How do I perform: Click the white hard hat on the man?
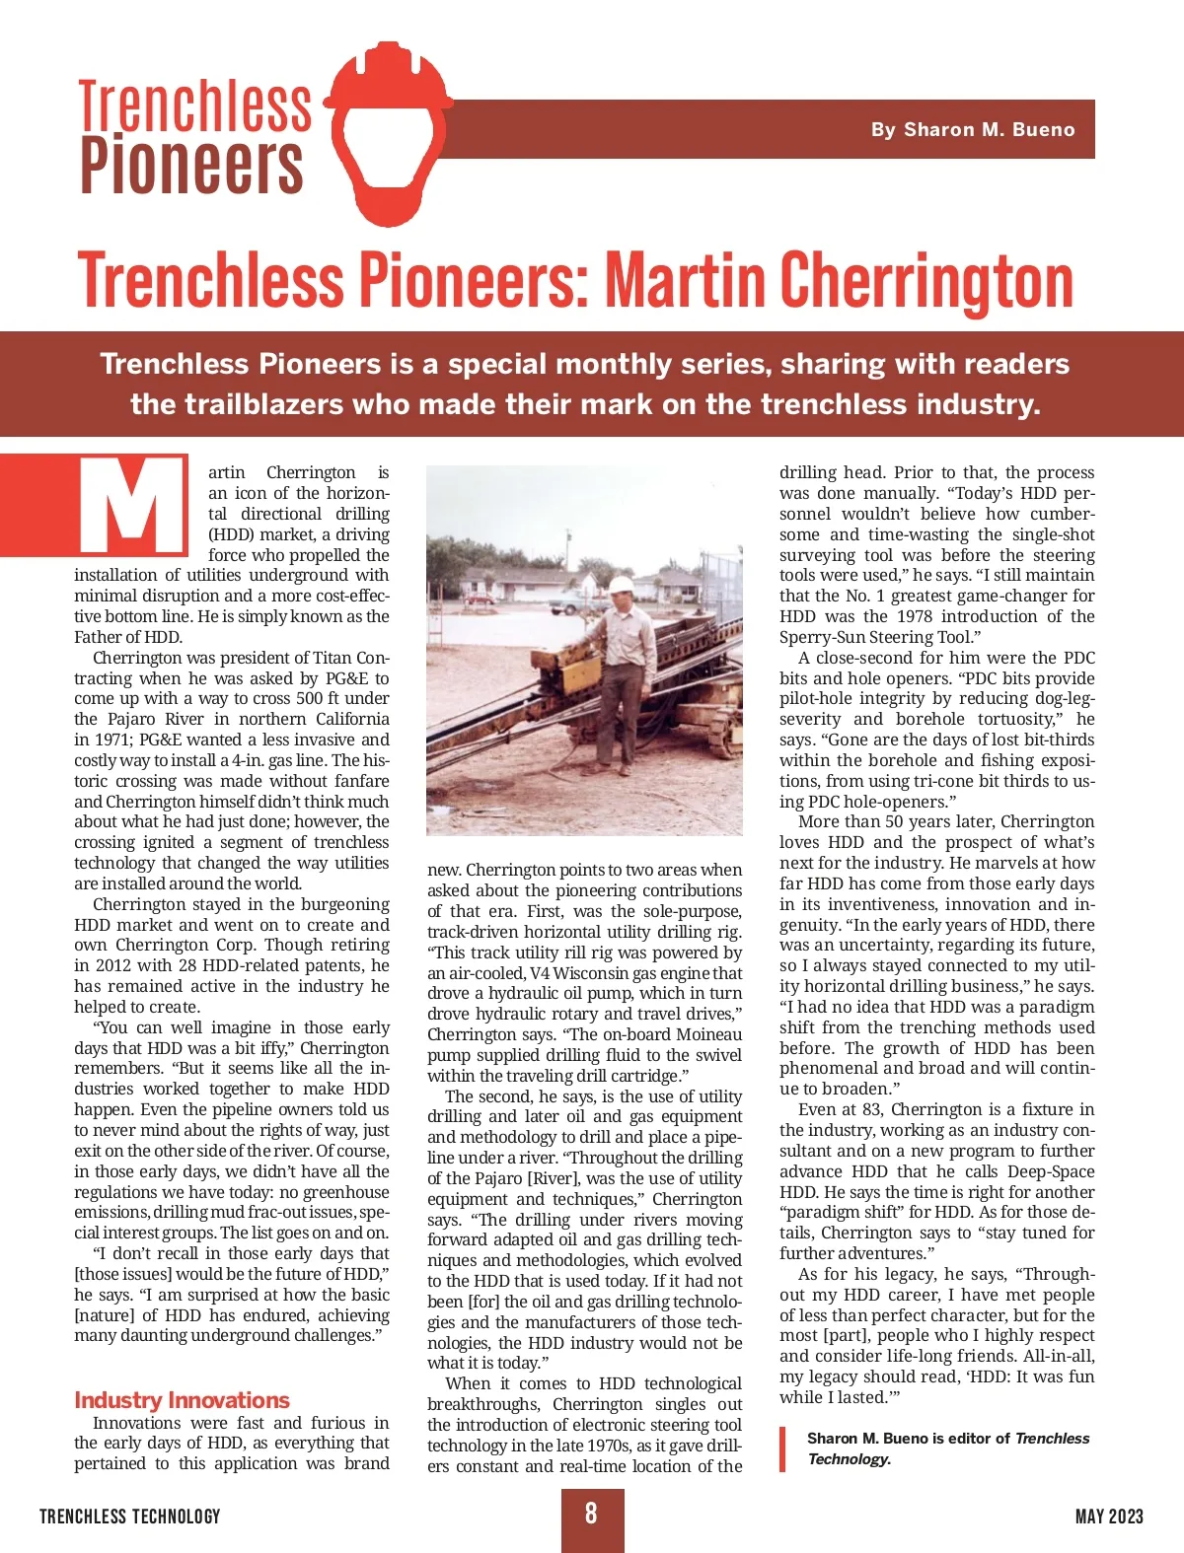(621, 584)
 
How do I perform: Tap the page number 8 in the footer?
(591, 1514)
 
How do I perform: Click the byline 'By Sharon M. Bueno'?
(972, 129)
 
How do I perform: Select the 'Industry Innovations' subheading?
(182, 1400)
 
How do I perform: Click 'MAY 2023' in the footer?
(1109, 1516)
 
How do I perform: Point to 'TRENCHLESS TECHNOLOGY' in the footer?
(130, 1516)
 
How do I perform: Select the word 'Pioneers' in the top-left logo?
(191, 165)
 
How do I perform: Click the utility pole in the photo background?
(569, 552)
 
